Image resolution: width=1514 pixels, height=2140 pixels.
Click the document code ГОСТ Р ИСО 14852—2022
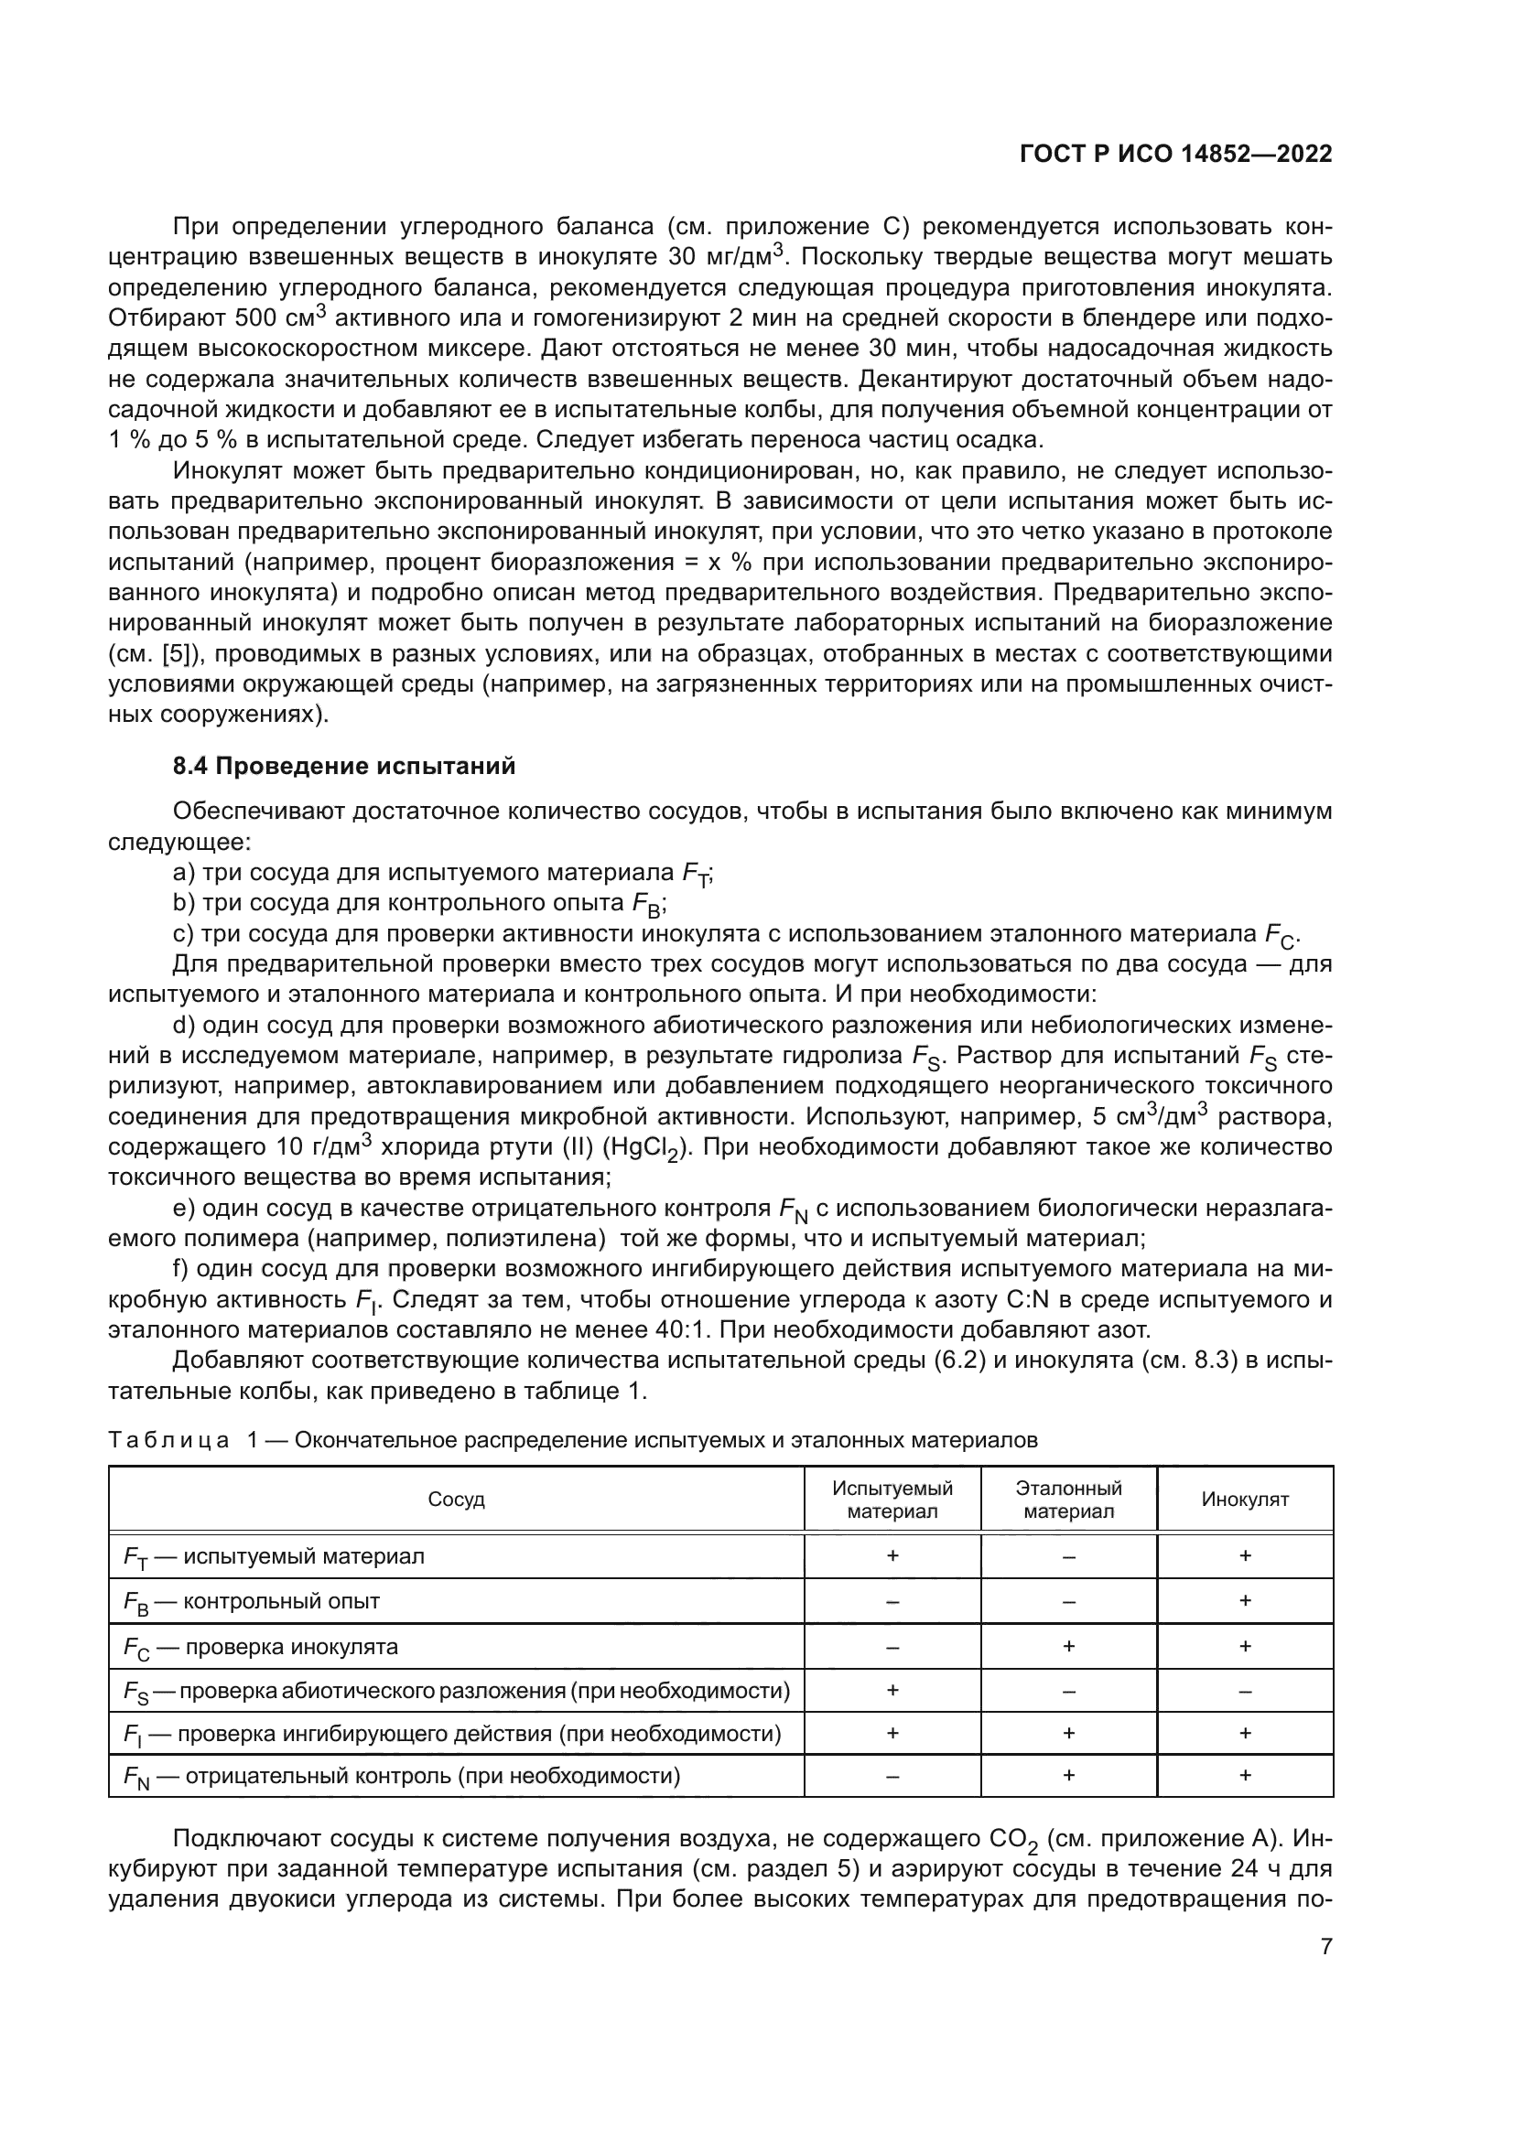(1175, 154)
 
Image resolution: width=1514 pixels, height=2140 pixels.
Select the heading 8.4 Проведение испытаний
(344, 766)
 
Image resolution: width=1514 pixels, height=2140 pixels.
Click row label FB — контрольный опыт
(252, 1601)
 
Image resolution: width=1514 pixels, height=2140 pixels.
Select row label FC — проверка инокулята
(261, 1647)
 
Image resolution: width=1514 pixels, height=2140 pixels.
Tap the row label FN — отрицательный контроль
(401, 1776)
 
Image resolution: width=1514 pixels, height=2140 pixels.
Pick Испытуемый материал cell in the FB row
(892, 1601)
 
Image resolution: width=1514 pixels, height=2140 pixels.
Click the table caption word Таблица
(168, 1440)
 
